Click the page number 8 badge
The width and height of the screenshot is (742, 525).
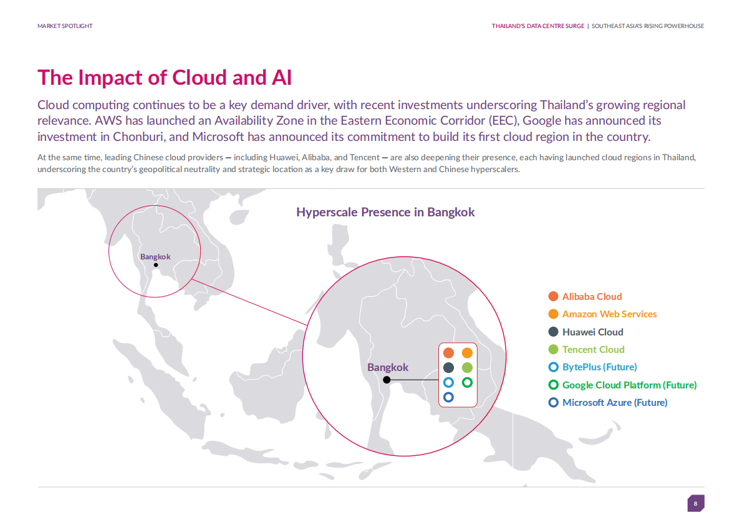click(696, 503)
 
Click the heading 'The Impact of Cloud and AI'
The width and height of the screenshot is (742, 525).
click(165, 78)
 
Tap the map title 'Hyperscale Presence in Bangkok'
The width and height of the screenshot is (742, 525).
click(385, 212)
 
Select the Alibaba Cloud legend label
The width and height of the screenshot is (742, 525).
click(592, 296)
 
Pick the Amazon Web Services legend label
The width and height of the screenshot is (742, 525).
click(610, 314)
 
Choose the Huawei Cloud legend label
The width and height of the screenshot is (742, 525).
click(592, 332)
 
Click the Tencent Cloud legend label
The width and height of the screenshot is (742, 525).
click(594, 349)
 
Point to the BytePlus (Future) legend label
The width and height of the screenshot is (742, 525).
click(600, 367)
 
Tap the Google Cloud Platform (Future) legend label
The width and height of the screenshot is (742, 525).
click(629, 385)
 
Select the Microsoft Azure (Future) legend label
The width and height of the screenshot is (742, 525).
click(615, 402)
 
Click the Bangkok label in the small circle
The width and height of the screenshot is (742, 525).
click(155, 257)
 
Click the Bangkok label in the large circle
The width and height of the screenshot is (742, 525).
click(388, 367)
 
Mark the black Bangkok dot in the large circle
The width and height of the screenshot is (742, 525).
click(387, 380)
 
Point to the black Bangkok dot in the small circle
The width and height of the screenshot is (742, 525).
click(156, 265)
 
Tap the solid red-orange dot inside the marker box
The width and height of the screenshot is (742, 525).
click(448, 353)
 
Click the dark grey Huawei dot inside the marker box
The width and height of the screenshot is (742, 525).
click(448, 367)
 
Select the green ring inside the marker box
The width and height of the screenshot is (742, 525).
click(467, 382)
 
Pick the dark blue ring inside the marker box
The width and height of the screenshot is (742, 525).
click(448, 397)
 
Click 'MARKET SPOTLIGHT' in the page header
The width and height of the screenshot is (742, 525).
click(65, 26)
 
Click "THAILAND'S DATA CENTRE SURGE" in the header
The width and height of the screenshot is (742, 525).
click(538, 26)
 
